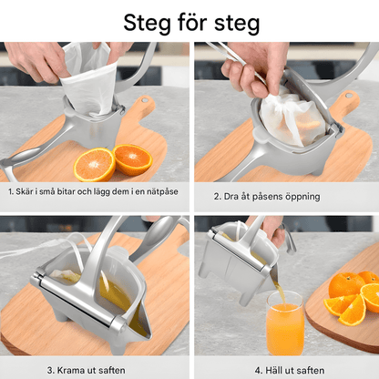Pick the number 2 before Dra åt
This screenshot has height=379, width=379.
tap(216, 196)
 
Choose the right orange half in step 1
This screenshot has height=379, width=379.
tap(133, 159)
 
